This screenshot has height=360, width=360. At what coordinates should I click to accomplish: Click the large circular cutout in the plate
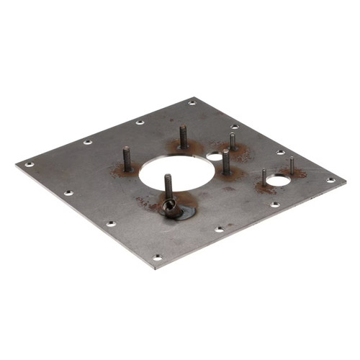(177, 175)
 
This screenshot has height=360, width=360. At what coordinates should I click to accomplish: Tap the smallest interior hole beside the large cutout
(214, 155)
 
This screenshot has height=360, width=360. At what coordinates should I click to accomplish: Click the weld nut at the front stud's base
(171, 210)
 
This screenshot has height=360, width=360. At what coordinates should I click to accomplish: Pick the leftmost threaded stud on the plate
(127, 159)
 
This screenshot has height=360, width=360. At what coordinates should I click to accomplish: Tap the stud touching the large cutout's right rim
(226, 163)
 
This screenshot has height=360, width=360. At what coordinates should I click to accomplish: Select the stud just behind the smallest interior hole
(233, 141)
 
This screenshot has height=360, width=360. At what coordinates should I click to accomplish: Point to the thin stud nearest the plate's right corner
(292, 166)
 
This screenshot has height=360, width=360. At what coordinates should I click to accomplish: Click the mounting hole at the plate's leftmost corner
(30, 164)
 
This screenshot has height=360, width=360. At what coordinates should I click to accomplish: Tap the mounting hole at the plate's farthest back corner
(192, 103)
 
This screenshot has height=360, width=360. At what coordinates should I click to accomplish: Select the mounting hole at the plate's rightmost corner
(330, 180)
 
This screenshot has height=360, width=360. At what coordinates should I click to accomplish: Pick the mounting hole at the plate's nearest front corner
(157, 257)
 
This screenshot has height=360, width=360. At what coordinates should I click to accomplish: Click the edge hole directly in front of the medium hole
(274, 204)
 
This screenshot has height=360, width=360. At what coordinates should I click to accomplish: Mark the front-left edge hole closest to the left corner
(68, 193)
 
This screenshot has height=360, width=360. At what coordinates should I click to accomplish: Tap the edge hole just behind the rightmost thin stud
(281, 152)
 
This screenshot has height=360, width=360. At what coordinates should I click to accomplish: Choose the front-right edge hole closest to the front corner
(219, 230)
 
